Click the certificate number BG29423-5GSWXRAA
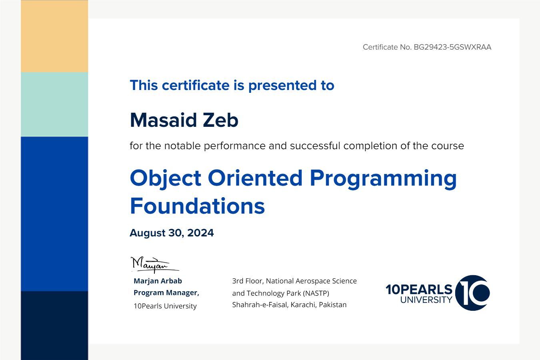[452, 47]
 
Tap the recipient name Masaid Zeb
[184, 120]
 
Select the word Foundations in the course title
[198, 206]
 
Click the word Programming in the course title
[383, 179]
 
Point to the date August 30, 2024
[172, 233]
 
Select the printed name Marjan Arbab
[158, 281]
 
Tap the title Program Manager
[166, 293]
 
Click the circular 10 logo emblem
[472, 293]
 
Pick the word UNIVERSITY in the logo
[426, 300]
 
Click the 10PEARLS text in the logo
[419, 289]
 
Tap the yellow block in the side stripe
[54, 36]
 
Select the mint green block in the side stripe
[54, 105]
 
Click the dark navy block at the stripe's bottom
[54, 326]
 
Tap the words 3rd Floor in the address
[248, 281]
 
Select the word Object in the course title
[166, 179]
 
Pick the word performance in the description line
[234, 146]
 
